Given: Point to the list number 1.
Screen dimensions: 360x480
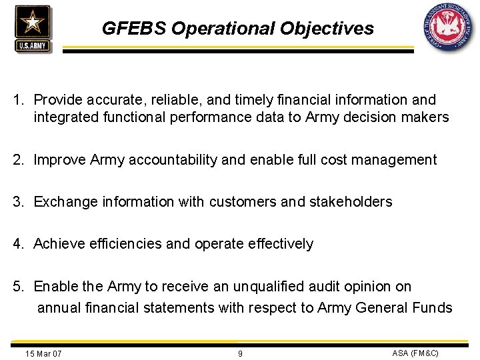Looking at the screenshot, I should tap(19, 100).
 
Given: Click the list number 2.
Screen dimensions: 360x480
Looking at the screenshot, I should tap(19, 160).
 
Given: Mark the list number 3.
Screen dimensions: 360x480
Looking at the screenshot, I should tap(19, 201).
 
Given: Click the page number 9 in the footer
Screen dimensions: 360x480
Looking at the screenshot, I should tap(240, 353).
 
